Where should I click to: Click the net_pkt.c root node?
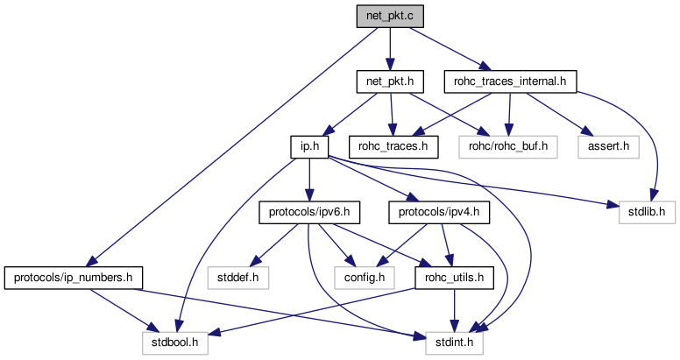pyautogui.click(x=390, y=16)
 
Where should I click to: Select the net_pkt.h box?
pyautogui.click(x=390, y=82)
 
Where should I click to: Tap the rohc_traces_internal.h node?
pyautogui.click(x=510, y=82)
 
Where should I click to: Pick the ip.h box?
pyautogui.click(x=308, y=146)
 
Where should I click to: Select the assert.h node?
pyautogui.click(x=603, y=146)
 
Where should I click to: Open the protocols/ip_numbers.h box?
pyautogui.click(x=74, y=278)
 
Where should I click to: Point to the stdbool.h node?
pyautogui.click(x=176, y=343)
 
